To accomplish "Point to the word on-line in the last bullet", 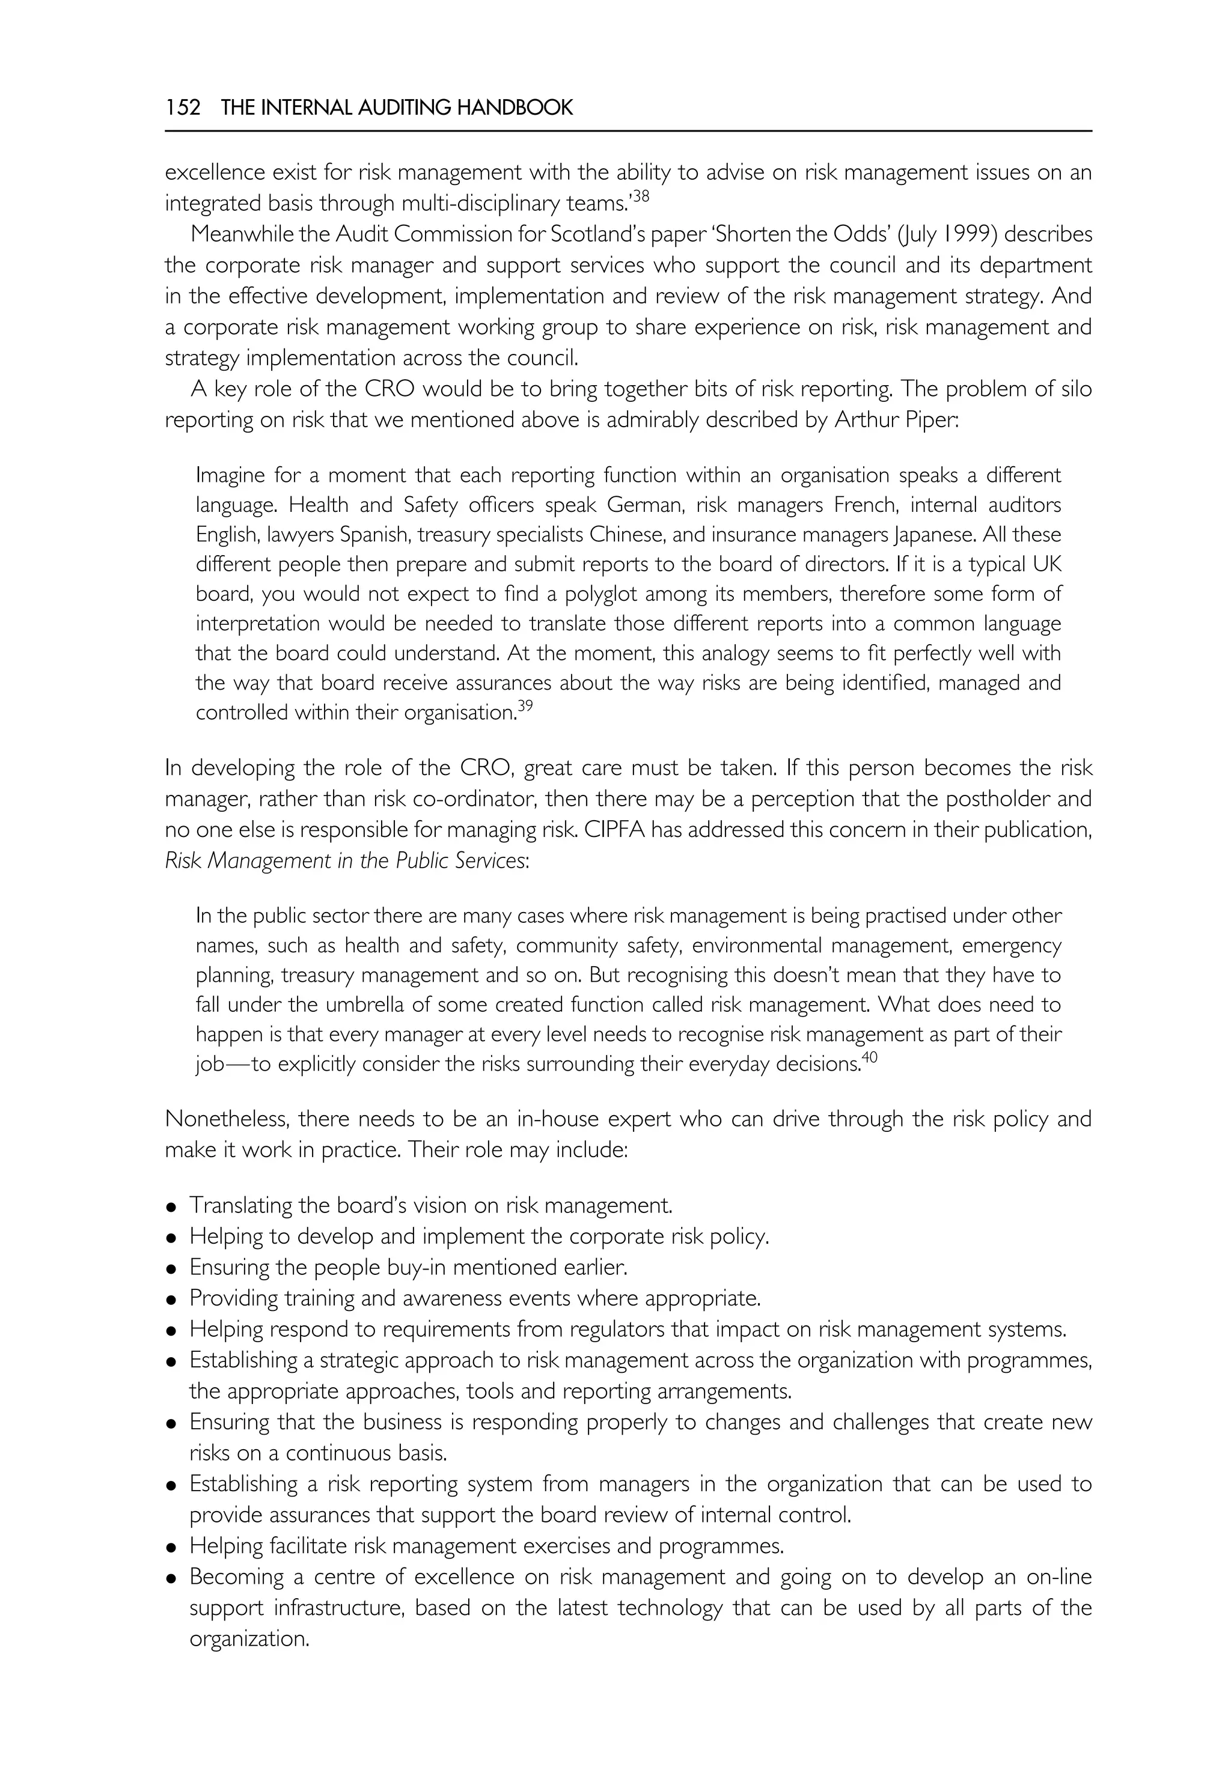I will click(1060, 1577).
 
